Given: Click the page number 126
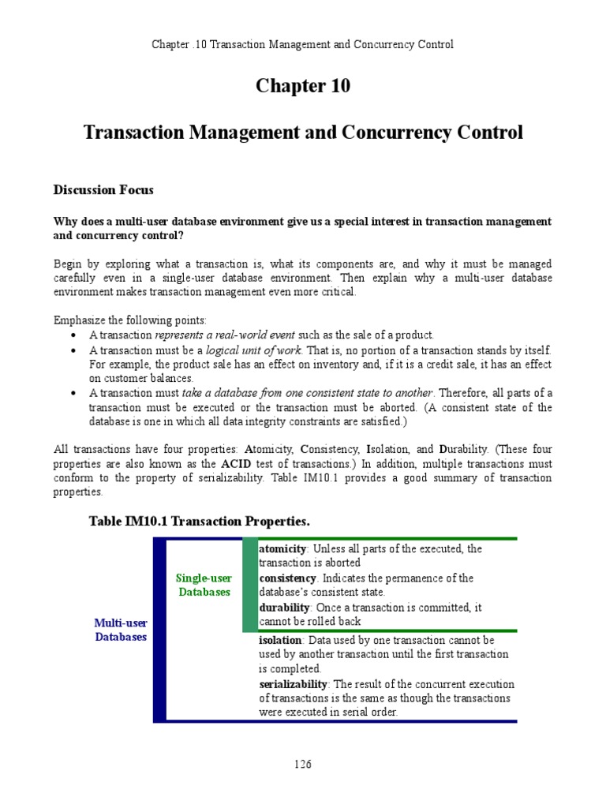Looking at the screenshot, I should [302, 764].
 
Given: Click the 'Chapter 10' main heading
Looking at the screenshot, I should [302, 86].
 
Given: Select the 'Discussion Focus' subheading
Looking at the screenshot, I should [103, 189].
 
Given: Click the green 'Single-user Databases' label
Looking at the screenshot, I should [204, 585].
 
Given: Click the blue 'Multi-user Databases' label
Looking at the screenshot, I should [121, 630].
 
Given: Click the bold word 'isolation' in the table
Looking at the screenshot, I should [280, 640].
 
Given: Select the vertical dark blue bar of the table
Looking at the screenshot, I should [159, 630].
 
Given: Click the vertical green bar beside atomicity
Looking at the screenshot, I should [250, 585].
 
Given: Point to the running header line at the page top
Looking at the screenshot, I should [302, 44].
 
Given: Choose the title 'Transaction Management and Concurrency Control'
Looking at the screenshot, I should [302, 132].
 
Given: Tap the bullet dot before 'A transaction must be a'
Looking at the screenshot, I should [73, 350].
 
